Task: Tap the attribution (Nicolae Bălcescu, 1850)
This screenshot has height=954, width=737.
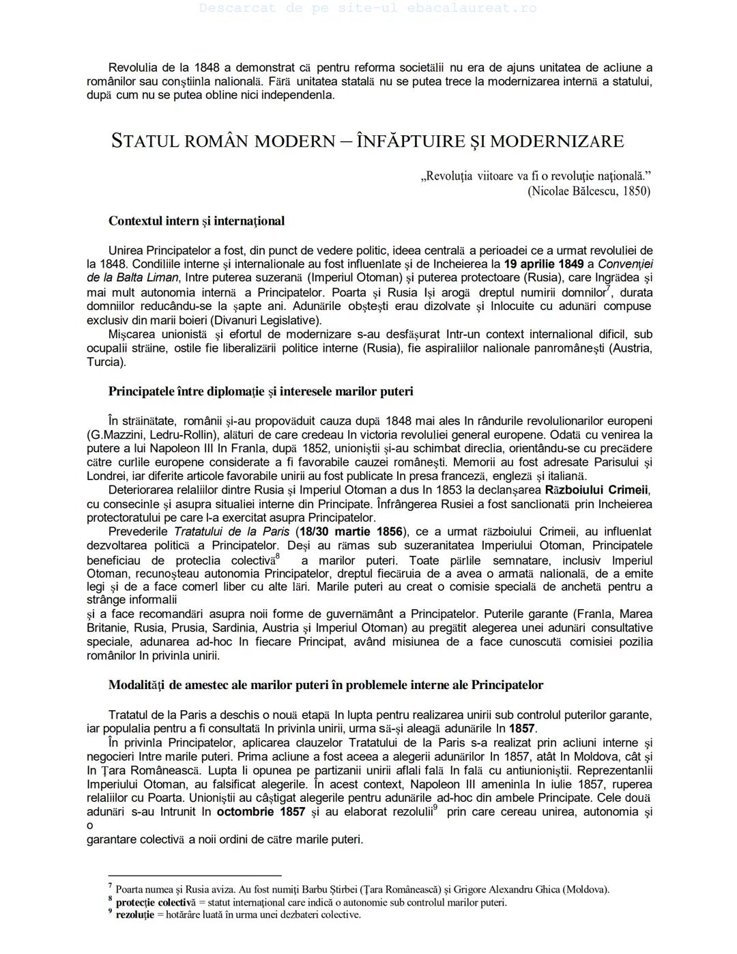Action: (589, 191)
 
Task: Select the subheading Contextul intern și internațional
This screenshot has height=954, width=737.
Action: (197, 221)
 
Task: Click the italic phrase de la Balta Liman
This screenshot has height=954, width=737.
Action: (132, 278)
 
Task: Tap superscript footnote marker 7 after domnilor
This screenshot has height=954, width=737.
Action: (608, 287)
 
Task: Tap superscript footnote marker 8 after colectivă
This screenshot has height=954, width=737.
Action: (277, 556)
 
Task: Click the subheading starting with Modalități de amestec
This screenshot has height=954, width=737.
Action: (326, 685)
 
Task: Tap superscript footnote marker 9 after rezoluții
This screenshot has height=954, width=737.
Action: (435, 808)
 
